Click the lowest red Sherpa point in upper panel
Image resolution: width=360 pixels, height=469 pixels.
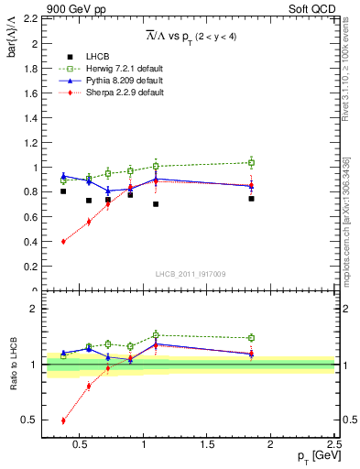coord(63,242)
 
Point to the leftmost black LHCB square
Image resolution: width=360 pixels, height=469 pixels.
coord(63,191)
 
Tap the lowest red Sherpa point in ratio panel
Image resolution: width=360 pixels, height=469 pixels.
coord(63,420)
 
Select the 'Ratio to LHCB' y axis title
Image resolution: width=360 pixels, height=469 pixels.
coord(13,365)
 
